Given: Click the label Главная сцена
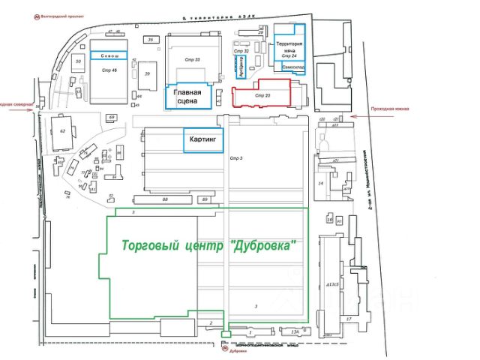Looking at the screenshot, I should pyautogui.click(x=188, y=97).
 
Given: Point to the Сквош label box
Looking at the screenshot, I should pyautogui.click(x=109, y=55).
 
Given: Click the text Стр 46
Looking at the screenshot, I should pyautogui.click(x=109, y=69).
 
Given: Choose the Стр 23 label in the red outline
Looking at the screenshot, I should pyautogui.click(x=262, y=96).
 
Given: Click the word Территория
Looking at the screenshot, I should pyautogui.click(x=289, y=44).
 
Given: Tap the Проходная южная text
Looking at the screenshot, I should pyautogui.click(x=390, y=110).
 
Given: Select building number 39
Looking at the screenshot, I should pyautogui.click(x=148, y=73).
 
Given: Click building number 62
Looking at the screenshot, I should pyautogui.click(x=63, y=131).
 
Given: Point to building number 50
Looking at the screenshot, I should pyautogui.click(x=78, y=61).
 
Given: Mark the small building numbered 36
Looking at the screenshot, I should pyautogui.click(x=151, y=39).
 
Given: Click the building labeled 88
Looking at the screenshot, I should pyautogui.click(x=165, y=199).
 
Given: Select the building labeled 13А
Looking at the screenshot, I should pyautogui.click(x=295, y=331).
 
